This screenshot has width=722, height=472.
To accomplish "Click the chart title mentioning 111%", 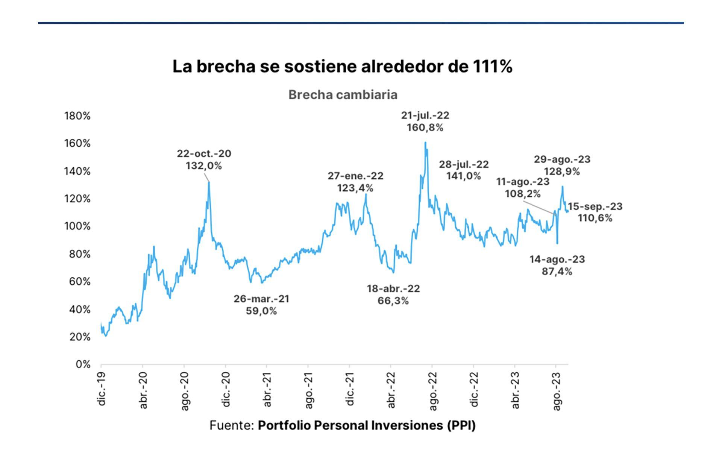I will coord(342,66).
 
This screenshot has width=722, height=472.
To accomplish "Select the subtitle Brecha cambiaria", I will coord(343,95).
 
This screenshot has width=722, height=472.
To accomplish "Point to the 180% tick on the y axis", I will coord(77,116).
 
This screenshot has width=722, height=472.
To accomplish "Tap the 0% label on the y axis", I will coord(83,364).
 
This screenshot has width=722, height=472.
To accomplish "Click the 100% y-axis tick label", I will coord(77,226).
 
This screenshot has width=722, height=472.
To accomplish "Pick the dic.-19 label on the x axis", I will coord(102,389).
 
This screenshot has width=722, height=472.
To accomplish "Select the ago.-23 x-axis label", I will coord(557,391).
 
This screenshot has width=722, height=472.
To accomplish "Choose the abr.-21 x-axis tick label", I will coord(267,390).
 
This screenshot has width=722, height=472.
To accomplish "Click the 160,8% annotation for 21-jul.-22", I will coord(425,121).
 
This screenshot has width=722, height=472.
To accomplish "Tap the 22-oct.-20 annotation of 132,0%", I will coord(204,159).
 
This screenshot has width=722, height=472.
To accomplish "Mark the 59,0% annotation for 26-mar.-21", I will coord(261,305).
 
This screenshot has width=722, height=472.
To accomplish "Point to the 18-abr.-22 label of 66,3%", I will coord(393,294).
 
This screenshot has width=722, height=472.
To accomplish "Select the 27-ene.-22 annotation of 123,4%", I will coord(355,182).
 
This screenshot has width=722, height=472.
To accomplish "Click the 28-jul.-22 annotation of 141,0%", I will coord(464,170).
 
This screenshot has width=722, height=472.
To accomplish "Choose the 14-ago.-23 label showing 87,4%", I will coord(557,265).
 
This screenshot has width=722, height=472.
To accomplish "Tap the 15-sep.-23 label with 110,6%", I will coord(595,212).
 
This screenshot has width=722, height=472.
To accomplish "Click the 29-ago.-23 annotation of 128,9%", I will coord(562,165).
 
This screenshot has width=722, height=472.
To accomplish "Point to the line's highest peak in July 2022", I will coord(425,143).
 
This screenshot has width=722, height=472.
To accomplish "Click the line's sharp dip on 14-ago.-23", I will coord(557,243).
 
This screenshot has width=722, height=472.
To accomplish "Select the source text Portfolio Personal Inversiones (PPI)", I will coord(367,425).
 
